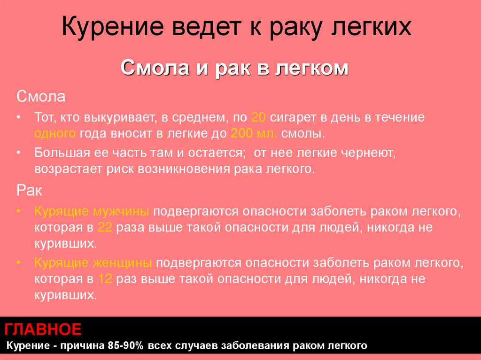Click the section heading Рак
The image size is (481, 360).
tap(29, 191)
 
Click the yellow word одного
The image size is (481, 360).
tap(54, 133)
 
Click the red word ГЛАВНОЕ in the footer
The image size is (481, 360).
tap(43, 329)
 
